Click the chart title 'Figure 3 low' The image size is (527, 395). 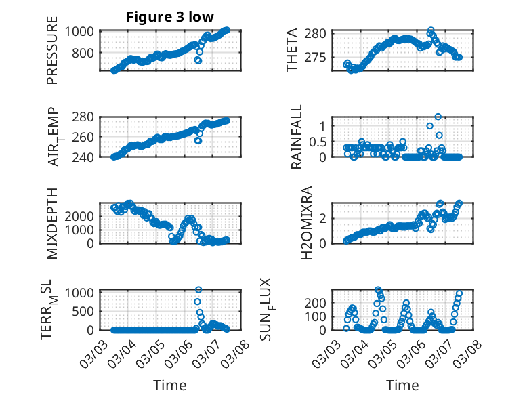coord(170,17)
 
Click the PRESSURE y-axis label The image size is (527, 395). coord(52,55)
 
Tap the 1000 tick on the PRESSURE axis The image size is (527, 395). coord(81,31)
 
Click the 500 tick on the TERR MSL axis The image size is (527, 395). coord(85,312)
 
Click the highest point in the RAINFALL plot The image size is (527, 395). coord(438,117)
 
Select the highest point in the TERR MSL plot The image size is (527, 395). coord(198,289)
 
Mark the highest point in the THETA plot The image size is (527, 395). coord(431,30)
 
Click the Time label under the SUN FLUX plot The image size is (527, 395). coord(402,385)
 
